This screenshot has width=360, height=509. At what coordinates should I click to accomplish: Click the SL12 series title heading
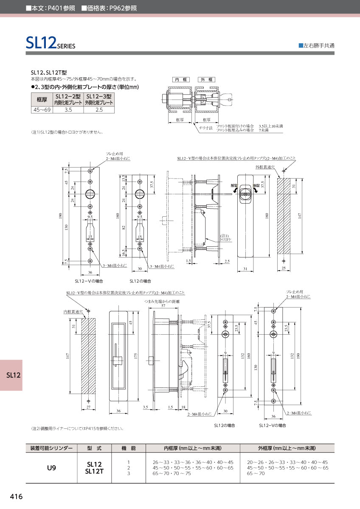[x=50, y=43]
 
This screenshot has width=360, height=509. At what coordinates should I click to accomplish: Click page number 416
[x=16, y=497]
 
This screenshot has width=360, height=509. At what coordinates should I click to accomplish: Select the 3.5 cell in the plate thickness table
[x=68, y=110]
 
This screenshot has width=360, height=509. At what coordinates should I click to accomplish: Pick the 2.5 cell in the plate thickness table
[x=99, y=110]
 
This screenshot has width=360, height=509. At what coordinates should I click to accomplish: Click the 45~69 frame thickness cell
[x=42, y=110]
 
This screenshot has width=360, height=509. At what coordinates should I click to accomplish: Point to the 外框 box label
[x=206, y=80]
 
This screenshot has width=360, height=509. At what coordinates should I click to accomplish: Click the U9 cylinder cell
[x=51, y=468]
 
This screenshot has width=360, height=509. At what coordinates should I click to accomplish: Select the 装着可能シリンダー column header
[x=51, y=448]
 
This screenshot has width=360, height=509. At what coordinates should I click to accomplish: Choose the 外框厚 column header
[x=287, y=448]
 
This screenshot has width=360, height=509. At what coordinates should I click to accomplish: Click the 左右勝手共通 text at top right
[x=316, y=45]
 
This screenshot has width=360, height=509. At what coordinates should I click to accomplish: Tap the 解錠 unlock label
[x=234, y=186]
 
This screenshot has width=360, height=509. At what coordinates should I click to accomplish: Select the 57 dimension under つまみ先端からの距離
[x=163, y=305]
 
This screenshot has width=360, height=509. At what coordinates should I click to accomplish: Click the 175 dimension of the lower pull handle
[x=135, y=356]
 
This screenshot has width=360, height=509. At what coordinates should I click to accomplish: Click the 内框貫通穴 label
[x=73, y=311]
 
